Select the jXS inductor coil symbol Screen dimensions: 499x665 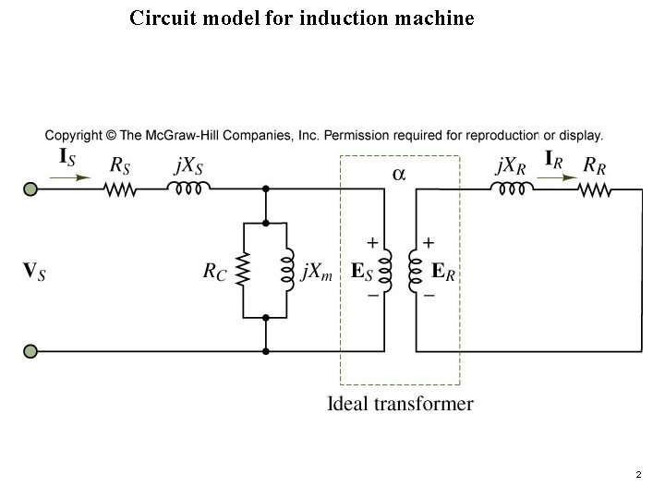(189, 188)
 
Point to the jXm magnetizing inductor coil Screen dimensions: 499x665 (288, 270)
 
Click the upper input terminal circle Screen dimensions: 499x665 (30, 189)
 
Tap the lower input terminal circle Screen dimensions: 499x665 (30, 351)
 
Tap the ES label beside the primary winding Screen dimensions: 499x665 (362, 272)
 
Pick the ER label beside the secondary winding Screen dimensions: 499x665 (444, 272)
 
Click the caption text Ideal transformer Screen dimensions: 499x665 (400, 404)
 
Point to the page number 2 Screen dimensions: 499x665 (637, 475)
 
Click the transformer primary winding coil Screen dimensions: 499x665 (386, 270)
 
